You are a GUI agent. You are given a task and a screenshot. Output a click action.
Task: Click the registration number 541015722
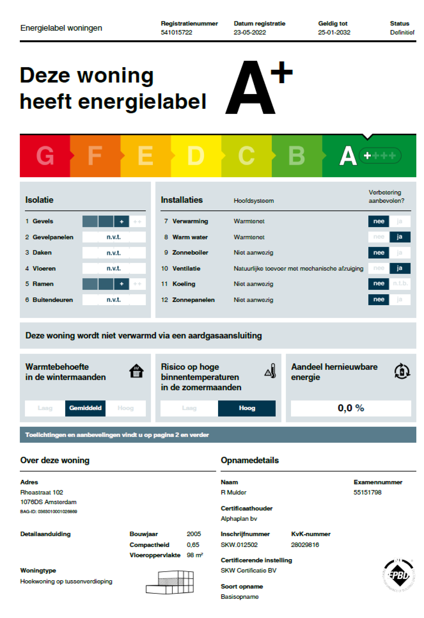(x=176, y=32)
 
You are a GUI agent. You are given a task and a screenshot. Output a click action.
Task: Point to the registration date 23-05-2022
(x=250, y=32)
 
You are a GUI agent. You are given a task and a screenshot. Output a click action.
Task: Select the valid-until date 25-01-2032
(x=334, y=32)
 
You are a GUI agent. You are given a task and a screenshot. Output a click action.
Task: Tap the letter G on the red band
(x=45, y=156)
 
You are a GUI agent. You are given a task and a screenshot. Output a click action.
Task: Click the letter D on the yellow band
(x=196, y=156)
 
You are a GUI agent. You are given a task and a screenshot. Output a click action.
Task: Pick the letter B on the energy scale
(x=296, y=156)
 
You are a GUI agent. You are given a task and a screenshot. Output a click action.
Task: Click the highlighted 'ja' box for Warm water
(x=400, y=237)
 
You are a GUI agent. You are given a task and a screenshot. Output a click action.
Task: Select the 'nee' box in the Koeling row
(x=378, y=284)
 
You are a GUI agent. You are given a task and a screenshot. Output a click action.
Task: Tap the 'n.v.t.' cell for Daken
(x=114, y=253)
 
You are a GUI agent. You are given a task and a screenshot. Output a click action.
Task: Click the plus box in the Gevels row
(x=121, y=222)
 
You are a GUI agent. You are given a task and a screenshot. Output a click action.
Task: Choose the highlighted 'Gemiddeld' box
(x=85, y=408)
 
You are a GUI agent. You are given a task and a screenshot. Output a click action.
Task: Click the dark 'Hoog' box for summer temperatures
(x=247, y=408)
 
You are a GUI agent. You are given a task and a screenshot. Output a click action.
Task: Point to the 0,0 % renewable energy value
(x=351, y=408)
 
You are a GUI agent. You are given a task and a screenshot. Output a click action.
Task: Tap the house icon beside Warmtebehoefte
(x=136, y=371)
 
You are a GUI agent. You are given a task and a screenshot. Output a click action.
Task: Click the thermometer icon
(x=270, y=371)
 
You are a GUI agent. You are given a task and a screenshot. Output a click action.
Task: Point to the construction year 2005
(x=194, y=534)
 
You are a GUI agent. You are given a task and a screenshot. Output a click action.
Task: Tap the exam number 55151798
(x=367, y=493)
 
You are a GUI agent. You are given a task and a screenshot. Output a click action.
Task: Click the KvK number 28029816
(x=305, y=545)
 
